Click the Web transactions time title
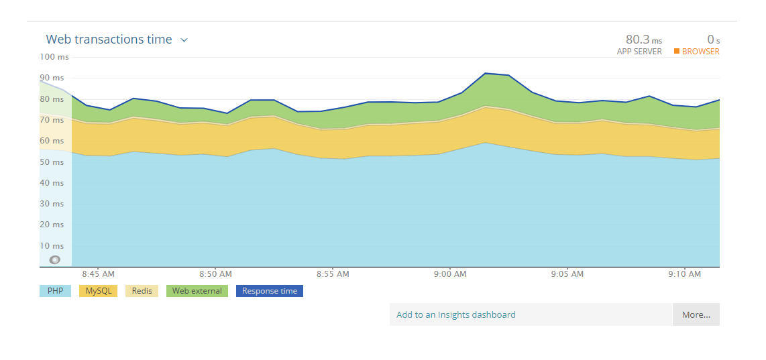[109, 40]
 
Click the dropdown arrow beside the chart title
[184, 40]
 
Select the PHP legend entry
[55, 291]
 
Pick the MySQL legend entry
[99, 291]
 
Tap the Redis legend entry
[142, 291]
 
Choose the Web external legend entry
[197, 291]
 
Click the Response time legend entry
[269, 291]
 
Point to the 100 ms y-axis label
[54, 57]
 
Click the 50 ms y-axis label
[52, 162]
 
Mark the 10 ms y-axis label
[52, 246]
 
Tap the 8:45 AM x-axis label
[98, 274]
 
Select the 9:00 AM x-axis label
[450, 274]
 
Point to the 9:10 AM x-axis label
[685, 274]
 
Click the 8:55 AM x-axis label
[333, 274]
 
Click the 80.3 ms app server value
[643, 40]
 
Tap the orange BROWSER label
[700, 52]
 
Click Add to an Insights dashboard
[456, 314]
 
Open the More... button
[696, 314]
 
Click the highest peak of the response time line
[485, 73]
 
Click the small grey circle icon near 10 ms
[55, 259]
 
